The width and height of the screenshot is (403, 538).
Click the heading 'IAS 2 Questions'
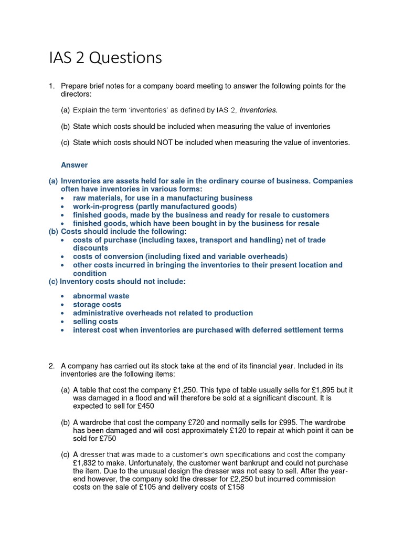point(105,58)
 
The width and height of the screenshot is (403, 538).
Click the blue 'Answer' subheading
point(74,165)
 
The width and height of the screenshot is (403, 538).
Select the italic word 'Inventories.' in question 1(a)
point(258,110)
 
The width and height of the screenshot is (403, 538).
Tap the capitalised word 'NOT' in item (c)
point(178,142)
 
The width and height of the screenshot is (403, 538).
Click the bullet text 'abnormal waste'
point(101,296)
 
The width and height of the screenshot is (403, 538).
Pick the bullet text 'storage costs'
point(97,304)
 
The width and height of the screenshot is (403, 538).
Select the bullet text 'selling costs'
point(96,321)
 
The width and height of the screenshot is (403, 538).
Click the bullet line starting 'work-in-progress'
point(155,206)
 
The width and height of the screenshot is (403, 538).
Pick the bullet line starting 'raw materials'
point(163,198)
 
